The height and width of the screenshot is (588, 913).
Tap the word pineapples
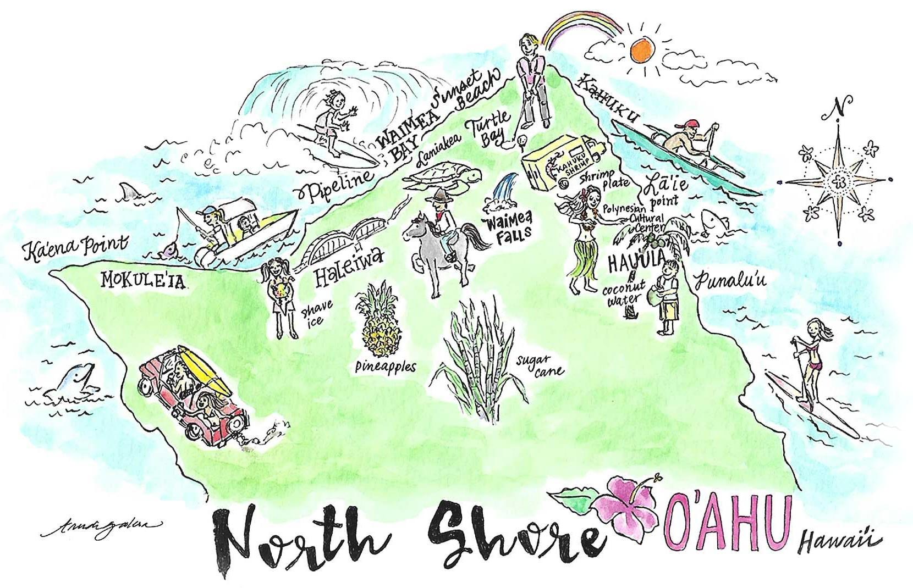pos(385,367)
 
